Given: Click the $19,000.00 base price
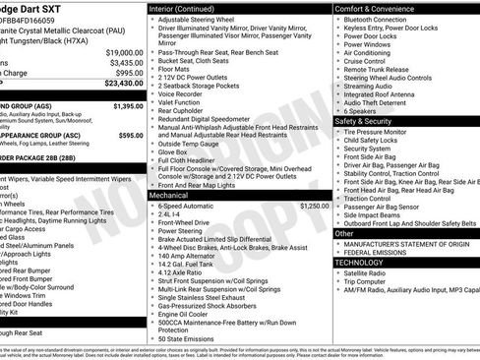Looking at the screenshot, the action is tap(124, 51).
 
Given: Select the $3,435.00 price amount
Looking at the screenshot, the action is tap(126, 62).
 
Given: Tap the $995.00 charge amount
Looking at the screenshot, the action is tap(128, 73).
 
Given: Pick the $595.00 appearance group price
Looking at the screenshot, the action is tap(130, 135).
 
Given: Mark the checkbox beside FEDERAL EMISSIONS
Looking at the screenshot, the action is tap(337, 253).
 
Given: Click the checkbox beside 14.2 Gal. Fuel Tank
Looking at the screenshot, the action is tap(151, 264).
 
